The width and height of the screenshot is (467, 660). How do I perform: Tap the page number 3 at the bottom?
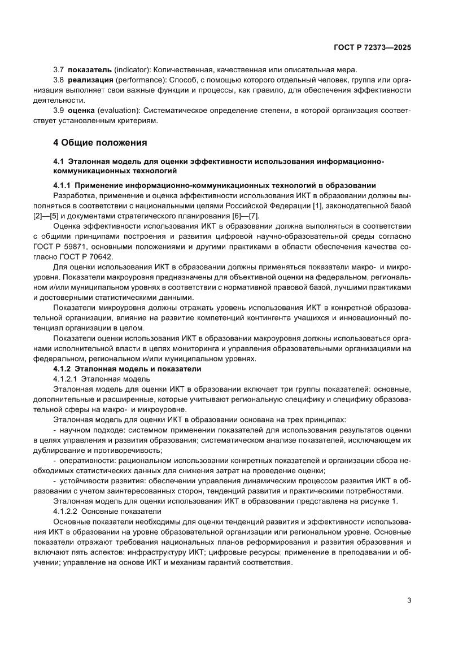pos(409,600)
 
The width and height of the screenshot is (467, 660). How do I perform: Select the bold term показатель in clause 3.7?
pos(90,69)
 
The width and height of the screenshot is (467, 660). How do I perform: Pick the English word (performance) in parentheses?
pos(141,80)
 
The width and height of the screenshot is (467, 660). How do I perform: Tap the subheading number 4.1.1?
pos(61,185)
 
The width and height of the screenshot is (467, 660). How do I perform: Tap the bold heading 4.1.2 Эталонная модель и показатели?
pos(126,369)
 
